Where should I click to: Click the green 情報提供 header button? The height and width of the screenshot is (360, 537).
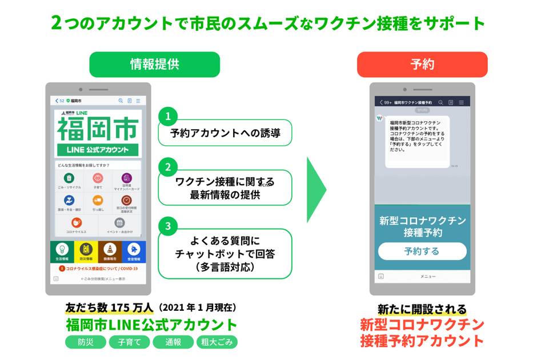click(154, 65)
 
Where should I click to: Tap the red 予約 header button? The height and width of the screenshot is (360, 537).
click(422, 65)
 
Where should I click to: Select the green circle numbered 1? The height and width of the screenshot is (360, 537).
click(167, 117)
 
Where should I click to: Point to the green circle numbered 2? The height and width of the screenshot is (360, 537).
click(167, 167)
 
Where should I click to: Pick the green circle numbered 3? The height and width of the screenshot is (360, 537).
click(167, 226)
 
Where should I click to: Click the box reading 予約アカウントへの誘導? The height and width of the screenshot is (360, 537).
click(225, 133)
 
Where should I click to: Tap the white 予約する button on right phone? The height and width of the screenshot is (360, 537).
click(422, 251)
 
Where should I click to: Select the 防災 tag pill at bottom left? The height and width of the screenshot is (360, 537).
click(85, 342)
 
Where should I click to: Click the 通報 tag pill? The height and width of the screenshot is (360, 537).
click(173, 342)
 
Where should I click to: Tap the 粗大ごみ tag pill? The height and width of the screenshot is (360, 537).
click(217, 342)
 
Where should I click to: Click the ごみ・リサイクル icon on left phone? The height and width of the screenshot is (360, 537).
click(69, 180)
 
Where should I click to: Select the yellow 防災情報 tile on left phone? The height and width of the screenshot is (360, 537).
click(86, 251)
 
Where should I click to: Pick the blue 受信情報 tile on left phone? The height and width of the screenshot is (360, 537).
click(134, 251)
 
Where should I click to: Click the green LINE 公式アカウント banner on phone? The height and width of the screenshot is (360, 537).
click(98, 150)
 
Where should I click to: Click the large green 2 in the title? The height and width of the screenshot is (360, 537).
click(57, 22)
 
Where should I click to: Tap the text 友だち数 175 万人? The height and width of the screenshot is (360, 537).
click(109, 307)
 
